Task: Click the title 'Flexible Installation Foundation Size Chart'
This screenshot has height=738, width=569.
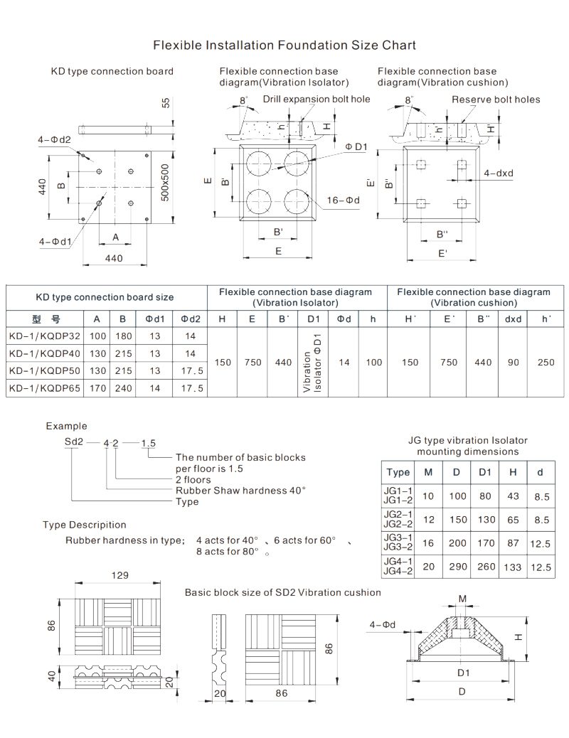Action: pyautogui.click(x=284, y=46)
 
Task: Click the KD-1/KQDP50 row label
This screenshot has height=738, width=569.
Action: pyautogui.click(x=44, y=370)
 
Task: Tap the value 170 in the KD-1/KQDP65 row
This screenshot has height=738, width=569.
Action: pyautogui.click(x=97, y=388)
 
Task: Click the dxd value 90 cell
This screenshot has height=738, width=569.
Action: pyautogui.click(x=513, y=362)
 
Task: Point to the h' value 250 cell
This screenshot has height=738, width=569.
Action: pyautogui.click(x=546, y=362)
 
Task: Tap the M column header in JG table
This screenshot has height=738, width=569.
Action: pyautogui.click(x=427, y=473)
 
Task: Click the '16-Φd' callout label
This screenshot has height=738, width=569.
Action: pyautogui.click(x=344, y=200)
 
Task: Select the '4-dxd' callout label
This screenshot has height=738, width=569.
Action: pyautogui.click(x=499, y=173)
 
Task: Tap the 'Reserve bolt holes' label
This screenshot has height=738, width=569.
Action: pyautogui.click(x=496, y=100)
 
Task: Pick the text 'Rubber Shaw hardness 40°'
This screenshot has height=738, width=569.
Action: pyautogui.click(x=240, y=490)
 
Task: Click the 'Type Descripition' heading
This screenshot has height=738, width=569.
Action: pyautogui.click(x=85, y=525)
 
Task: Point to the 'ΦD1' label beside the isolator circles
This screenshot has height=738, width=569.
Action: pyautogui.click(x=356, y=146)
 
